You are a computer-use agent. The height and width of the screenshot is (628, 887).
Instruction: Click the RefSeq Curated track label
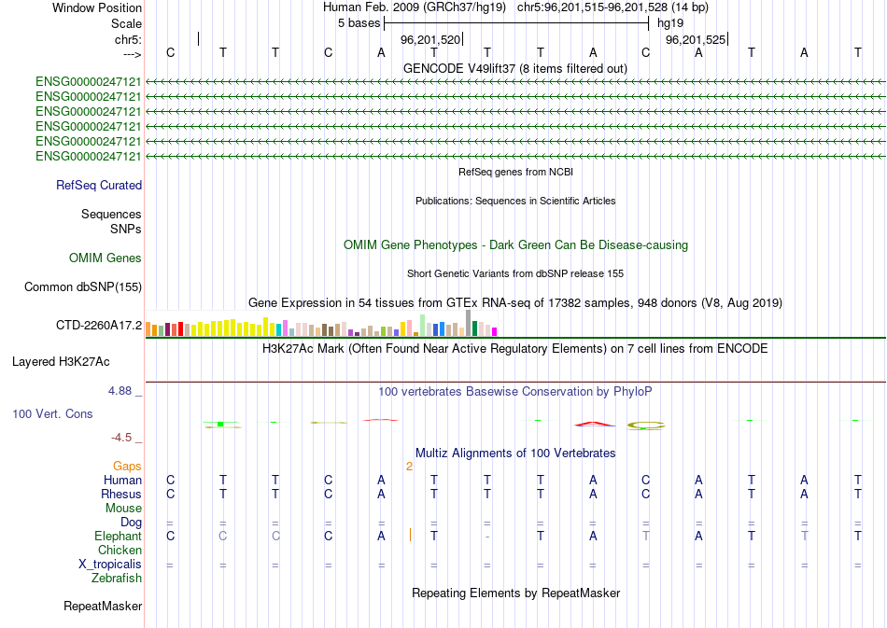(99, 186)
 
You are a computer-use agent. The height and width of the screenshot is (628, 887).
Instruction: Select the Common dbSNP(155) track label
(83, 287)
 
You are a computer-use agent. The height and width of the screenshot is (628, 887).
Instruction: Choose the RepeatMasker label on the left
(103, 607)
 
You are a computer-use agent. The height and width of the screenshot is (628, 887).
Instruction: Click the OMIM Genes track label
(106, 258)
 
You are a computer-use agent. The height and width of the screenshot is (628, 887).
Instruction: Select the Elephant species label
(118, 537)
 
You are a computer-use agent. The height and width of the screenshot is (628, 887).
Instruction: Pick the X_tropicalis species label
(110, 565)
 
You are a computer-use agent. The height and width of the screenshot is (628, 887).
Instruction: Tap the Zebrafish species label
(117, 579)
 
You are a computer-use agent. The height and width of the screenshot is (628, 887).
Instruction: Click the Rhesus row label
(121, 494)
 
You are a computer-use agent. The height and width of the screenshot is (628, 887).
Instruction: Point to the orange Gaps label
(127, 466)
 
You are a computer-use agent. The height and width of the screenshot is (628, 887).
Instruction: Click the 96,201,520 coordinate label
(430, 40)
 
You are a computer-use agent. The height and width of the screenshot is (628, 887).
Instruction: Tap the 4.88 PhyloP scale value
(122, 391)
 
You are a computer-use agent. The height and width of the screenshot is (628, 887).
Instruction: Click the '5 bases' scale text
(359, 22)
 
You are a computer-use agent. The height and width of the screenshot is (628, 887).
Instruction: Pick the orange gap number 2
(409, 466)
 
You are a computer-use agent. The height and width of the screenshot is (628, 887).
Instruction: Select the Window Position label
(97, 7)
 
